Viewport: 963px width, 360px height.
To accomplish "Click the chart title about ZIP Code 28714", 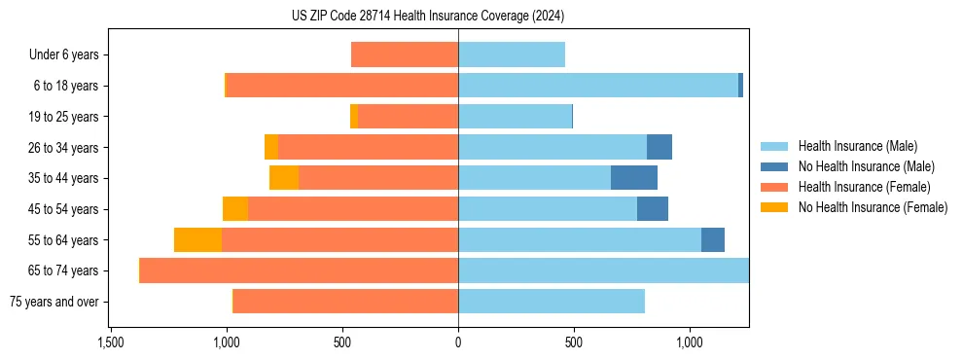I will coord(428,17).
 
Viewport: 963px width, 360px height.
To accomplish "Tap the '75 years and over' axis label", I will coord(54,302).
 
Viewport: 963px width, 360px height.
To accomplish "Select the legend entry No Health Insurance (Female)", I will coord(873,207).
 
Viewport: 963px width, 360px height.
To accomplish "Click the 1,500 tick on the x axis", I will coord(111,343).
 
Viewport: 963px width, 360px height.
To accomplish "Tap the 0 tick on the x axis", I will coord(458,343).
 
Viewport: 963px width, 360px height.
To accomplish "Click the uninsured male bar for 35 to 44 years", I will coord(634,178).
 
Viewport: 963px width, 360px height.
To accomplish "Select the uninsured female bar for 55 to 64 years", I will coord(197,239).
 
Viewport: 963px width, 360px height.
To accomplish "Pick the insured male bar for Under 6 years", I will coord(512,55).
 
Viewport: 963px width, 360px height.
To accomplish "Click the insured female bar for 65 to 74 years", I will coord(299,270).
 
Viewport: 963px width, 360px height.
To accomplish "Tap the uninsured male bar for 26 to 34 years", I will coord(660,147).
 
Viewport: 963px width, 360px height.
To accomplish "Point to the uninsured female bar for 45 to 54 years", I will coord(235,209).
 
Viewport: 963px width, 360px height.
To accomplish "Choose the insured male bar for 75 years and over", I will coord(552,302).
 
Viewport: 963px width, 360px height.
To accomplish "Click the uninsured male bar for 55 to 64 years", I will coord(713,239).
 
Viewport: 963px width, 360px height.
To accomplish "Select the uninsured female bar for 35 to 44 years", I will coord(284,178).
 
